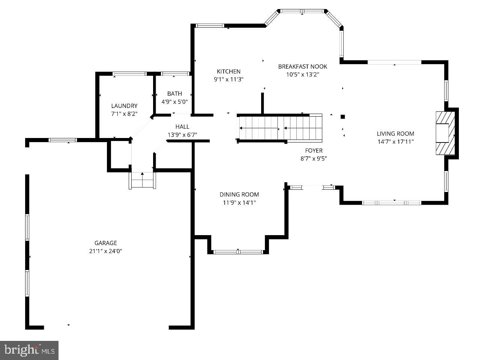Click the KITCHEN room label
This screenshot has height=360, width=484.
click(228, 71)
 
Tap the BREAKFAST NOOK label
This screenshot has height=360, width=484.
click(302, 66)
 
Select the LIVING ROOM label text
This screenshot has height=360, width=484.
click(395, 133)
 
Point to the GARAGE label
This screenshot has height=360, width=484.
click(105, 243)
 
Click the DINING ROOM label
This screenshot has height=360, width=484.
click(239, 194)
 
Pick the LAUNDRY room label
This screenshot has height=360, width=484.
click(124, 106)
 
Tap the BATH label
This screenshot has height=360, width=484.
click(174, 94)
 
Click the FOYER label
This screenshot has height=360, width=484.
click(314, 150)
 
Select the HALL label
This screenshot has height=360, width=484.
click(182, 126)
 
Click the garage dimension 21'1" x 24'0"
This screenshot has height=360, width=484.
click(105, 251)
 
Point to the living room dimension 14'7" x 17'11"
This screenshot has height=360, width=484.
click(395, 142)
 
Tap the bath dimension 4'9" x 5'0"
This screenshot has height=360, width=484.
click(174, 102)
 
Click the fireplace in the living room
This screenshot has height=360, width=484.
click(445, 133)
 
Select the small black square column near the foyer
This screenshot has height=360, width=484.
click(343, 117)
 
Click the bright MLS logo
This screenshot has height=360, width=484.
click(29, 350)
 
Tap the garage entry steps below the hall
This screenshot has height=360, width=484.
click(142, 180)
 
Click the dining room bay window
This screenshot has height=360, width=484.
click(238, 252)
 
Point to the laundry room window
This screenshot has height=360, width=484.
click(129, 74)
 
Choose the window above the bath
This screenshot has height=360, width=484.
click(175, 74)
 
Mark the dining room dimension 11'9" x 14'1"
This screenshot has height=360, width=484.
click(239, 203)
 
